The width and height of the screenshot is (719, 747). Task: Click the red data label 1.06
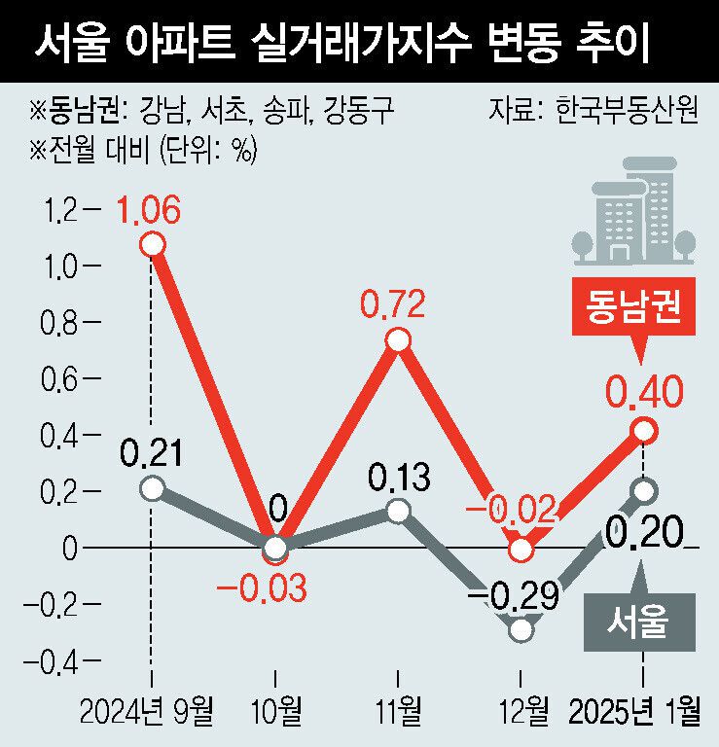tap(150, 209)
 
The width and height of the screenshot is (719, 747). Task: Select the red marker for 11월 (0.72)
tap(397, 340)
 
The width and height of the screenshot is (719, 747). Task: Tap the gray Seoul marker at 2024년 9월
tap(151, 488)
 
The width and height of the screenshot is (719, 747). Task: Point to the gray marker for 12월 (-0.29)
tap(521, 629)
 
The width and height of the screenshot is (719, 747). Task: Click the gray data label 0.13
tap(397, 479)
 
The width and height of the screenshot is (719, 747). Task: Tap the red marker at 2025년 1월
tap(644, 430)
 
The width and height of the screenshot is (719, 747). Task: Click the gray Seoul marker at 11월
tap(397, 511)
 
